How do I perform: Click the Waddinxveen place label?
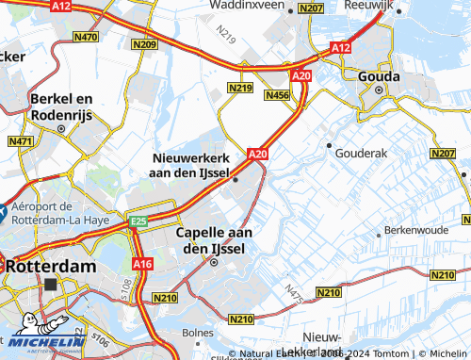click(242, 6)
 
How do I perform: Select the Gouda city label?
click(380, 74)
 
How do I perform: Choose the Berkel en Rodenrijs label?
click(60, 105)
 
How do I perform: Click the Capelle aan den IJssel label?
click(212, 239)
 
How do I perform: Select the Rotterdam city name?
click(51, 267)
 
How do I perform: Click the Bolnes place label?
click(198, 333)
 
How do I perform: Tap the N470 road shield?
click(85, 37)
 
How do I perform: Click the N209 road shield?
click(145, 44)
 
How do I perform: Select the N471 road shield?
click(20, 141)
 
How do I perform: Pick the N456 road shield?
click(278, 95)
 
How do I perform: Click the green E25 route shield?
click(139, 221)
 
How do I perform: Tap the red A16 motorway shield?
click(141, 265)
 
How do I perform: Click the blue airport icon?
click(4, 212)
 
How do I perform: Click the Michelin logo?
click(43, 335)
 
